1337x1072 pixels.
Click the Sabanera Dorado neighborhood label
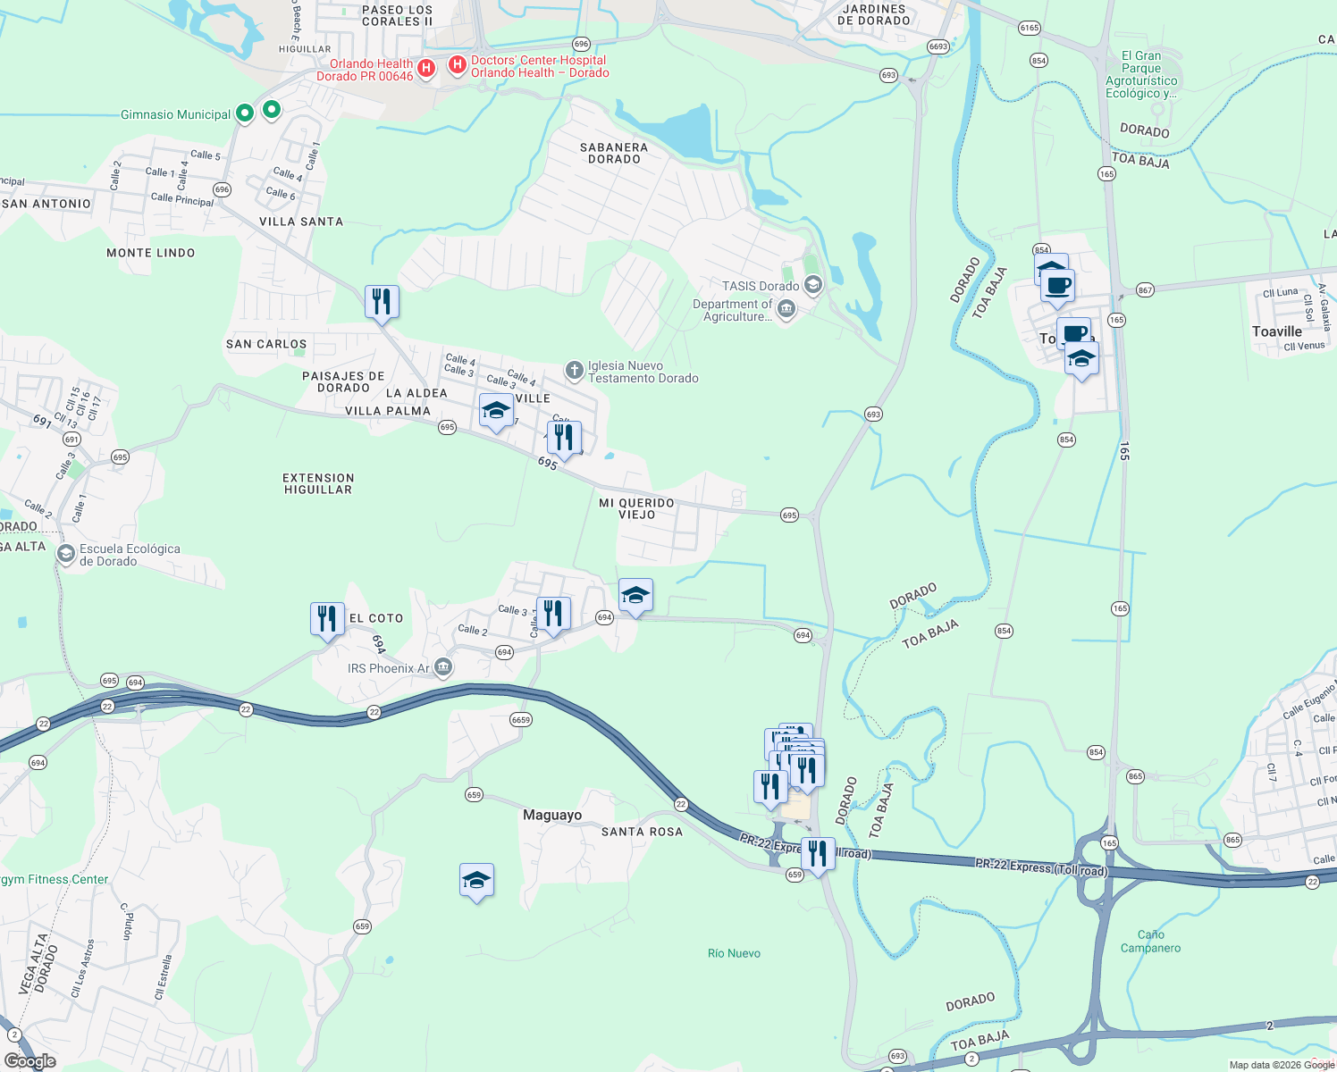click(613, 153)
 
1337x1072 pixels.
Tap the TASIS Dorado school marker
click(812, 286)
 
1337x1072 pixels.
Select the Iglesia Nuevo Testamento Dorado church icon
click(575, 370)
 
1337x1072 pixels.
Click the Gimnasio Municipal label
click(175, 114)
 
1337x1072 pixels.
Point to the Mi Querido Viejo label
click(636, 508)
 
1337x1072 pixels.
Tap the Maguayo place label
click(551, 815)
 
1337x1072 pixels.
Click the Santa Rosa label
click(642, 832)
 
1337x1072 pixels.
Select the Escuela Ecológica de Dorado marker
click(65, 554)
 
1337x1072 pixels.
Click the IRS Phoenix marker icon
click(442, 667)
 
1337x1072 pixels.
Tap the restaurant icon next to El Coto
click(327, 618)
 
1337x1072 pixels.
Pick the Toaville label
click(1276, 331)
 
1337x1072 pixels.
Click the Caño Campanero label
click(1150, 942)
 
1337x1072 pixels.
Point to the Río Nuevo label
click(734, 953)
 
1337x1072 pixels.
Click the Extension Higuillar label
click(318, 483)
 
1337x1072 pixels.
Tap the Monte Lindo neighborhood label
click(150, 253)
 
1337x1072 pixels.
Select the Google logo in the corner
click(29, 1061)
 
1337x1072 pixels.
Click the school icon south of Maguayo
click(476, 881)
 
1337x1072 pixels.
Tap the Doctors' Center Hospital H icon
click(457, 65)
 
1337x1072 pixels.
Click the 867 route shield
click(1145, 290)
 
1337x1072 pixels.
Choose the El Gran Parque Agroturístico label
click(1141, 74)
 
